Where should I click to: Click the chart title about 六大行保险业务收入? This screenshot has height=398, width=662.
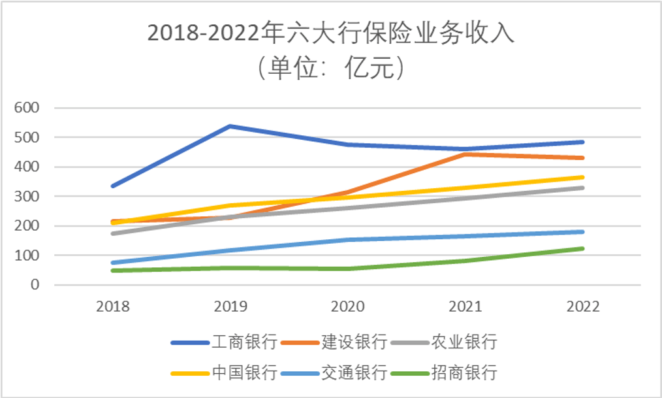pos(331,33)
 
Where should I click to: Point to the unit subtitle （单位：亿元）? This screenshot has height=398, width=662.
pos(331,67)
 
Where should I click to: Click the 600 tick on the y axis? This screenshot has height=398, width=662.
pos(27,108)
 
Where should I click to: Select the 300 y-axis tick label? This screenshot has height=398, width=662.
pos(27,197)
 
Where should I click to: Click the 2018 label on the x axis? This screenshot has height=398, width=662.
pos(112,307)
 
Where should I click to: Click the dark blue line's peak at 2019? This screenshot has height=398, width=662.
pos(230,126)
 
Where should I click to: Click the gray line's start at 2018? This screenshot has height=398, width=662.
pos(113,233)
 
